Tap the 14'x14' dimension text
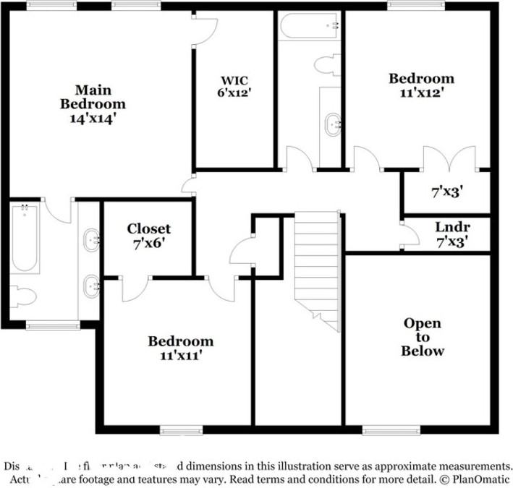pyautogui.click(x=93, y=119)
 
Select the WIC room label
pyautogui.click(x=234, y=80)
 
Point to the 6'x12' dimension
pyautogui.click(x=234, y=93)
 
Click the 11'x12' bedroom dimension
pyautogui.click(x=421, y=93)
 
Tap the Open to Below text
pyautogui.click(x=423, y=337)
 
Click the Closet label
pyautogui.click(x=149, y=229)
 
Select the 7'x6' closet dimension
pyautogui.click(x=149, y=244)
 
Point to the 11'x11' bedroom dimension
pyautogui.click(x=180, y=355)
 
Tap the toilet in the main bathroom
pyautogui.click(x=25, y=297)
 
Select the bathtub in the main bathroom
pyautogui.click(x=25, y=239)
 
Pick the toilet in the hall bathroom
pyautogui.click(x=326, y=64)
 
